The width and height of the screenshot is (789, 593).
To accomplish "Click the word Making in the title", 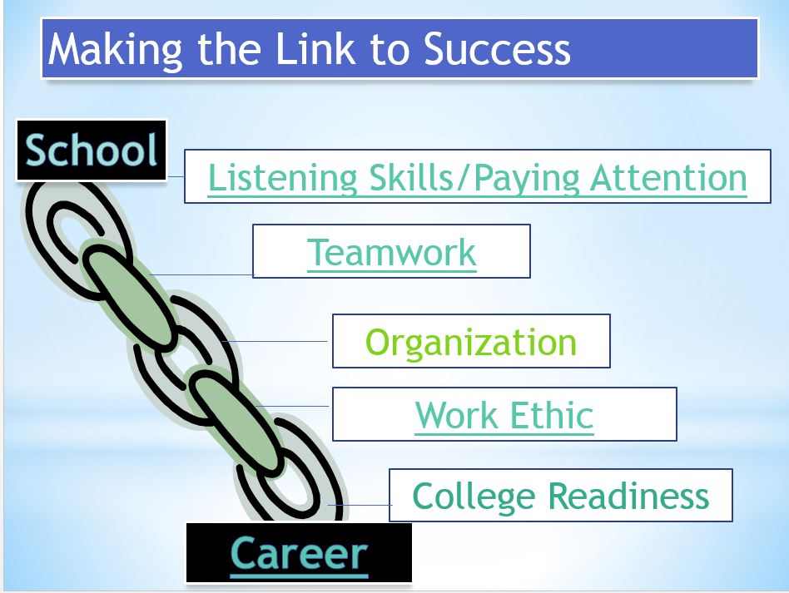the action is pos(115,50).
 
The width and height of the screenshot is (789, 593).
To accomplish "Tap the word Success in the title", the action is pos(497,49).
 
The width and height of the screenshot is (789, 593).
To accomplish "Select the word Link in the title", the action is pos(315,49).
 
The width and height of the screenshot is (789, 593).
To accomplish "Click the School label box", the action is pos(91,150).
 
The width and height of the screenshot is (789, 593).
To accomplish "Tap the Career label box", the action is pos(299,553).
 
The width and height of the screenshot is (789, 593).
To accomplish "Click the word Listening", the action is pos(283,179).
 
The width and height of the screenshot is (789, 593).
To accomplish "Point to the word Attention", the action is pos(669,177).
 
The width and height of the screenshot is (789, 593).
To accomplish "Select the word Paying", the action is pos(527,179).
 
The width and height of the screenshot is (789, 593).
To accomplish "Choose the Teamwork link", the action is pos(391,252).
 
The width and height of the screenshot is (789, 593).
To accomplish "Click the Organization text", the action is pos(471,343).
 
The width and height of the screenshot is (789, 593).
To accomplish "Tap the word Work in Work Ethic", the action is pos(456,416).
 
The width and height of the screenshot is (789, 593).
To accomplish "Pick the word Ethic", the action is pos(552,416).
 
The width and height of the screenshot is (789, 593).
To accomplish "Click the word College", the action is pos(474,497).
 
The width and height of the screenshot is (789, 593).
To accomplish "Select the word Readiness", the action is pos(628,496).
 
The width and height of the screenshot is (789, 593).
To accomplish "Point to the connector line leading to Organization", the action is pos(275,342).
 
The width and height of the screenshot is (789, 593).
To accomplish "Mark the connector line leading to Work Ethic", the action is pos(292,406).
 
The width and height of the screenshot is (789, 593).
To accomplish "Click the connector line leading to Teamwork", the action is pos(201,274).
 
